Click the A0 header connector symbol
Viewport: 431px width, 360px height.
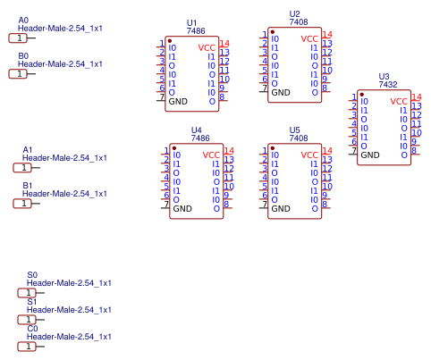coord(18,38)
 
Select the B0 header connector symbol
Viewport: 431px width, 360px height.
coord(18,74)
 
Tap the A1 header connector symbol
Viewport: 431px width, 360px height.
coord(22,168)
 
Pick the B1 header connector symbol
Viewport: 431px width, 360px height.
coord(22,204)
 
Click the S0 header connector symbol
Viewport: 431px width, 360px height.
coord(27,292)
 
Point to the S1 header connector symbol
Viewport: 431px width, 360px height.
coord(27,319)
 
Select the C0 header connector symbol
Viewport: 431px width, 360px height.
coord(27,346)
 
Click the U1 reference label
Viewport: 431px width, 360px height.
coord(192,22)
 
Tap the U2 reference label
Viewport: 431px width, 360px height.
coord(295,13)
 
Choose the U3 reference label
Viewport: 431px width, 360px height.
coord(385,76)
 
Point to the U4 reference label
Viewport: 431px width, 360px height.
coord(197,130)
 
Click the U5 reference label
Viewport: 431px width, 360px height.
coord(295,130)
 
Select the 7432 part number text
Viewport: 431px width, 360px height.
coord(388,84)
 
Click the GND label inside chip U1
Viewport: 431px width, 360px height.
coord(179,101)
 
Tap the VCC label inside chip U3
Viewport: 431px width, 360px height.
coord(399,102)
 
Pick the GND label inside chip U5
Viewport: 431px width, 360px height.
coord(281,208)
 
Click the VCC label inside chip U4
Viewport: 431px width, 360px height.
coord(211,155)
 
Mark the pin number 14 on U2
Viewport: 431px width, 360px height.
coord(327,34)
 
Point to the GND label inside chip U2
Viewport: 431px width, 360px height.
coord(281,92)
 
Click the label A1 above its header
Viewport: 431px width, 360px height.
coord(28,149)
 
